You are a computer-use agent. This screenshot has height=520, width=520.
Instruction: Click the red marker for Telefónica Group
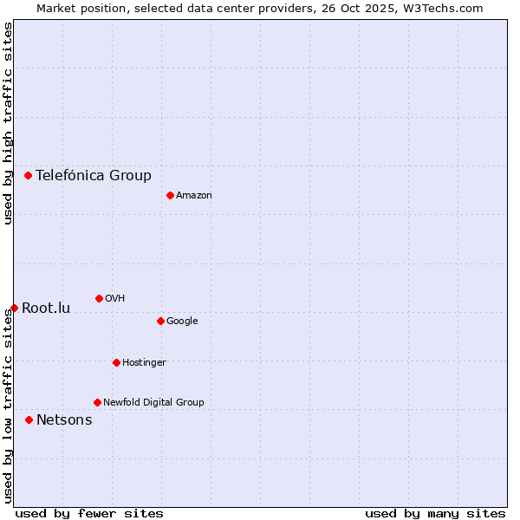28,175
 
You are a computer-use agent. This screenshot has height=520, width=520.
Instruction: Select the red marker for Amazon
170,195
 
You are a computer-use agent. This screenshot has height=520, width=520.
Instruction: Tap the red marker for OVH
99,298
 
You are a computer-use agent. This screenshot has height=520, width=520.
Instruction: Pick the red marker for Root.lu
14,308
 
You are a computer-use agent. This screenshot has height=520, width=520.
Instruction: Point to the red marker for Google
160,321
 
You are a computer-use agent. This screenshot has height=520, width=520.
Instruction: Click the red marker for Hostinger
116,362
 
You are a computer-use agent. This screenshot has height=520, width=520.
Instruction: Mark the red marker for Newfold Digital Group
97,402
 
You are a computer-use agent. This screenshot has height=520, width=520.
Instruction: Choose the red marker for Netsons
29,419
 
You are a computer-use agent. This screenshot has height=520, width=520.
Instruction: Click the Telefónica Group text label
94,176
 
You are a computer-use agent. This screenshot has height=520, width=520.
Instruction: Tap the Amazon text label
194,196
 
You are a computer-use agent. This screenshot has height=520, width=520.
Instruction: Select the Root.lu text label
46,309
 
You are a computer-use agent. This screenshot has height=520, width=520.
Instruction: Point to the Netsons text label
64,420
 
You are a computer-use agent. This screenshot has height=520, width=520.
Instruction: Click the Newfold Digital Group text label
153,402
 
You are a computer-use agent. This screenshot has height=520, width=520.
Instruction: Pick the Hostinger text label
144,362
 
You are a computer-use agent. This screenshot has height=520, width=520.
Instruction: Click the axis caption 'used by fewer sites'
89,513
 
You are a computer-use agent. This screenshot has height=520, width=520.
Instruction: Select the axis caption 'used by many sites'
435,513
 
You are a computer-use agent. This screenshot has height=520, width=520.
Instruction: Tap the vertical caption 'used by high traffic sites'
8,124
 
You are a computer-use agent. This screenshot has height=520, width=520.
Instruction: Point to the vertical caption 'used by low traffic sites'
8,406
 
